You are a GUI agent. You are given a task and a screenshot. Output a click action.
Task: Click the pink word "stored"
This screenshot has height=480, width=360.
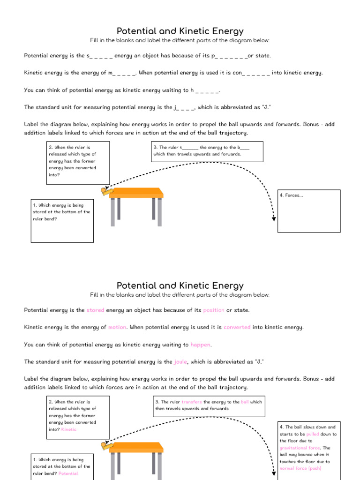click(96, 310)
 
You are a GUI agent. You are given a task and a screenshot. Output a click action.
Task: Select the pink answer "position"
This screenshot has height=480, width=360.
click(214, 310)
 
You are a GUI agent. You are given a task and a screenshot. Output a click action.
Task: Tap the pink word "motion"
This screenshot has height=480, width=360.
click(117, 327)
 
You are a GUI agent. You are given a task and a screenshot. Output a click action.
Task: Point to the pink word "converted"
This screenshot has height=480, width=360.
click(237, 327)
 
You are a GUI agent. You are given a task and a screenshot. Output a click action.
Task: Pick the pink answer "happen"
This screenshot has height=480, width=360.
click(201, 345)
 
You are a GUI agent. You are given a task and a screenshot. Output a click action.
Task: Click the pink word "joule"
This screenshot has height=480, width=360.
click(180, 362)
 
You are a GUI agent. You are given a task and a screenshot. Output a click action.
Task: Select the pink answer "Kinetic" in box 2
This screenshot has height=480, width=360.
click(69, 429)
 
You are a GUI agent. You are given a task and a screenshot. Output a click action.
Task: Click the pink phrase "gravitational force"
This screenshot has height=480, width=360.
click(300, 448)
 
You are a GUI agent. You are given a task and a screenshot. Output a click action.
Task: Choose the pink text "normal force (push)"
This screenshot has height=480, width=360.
click(300, 468)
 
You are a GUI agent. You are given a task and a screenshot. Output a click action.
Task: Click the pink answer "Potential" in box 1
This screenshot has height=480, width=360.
click(68, 473)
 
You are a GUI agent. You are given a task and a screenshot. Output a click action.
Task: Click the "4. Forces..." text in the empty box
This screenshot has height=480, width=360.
click(291, 195)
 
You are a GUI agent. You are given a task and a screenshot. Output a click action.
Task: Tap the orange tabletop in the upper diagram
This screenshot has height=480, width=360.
click(136, 192)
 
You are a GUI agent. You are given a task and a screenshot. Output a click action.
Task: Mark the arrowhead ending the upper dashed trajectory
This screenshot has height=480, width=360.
click(274, 219)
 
